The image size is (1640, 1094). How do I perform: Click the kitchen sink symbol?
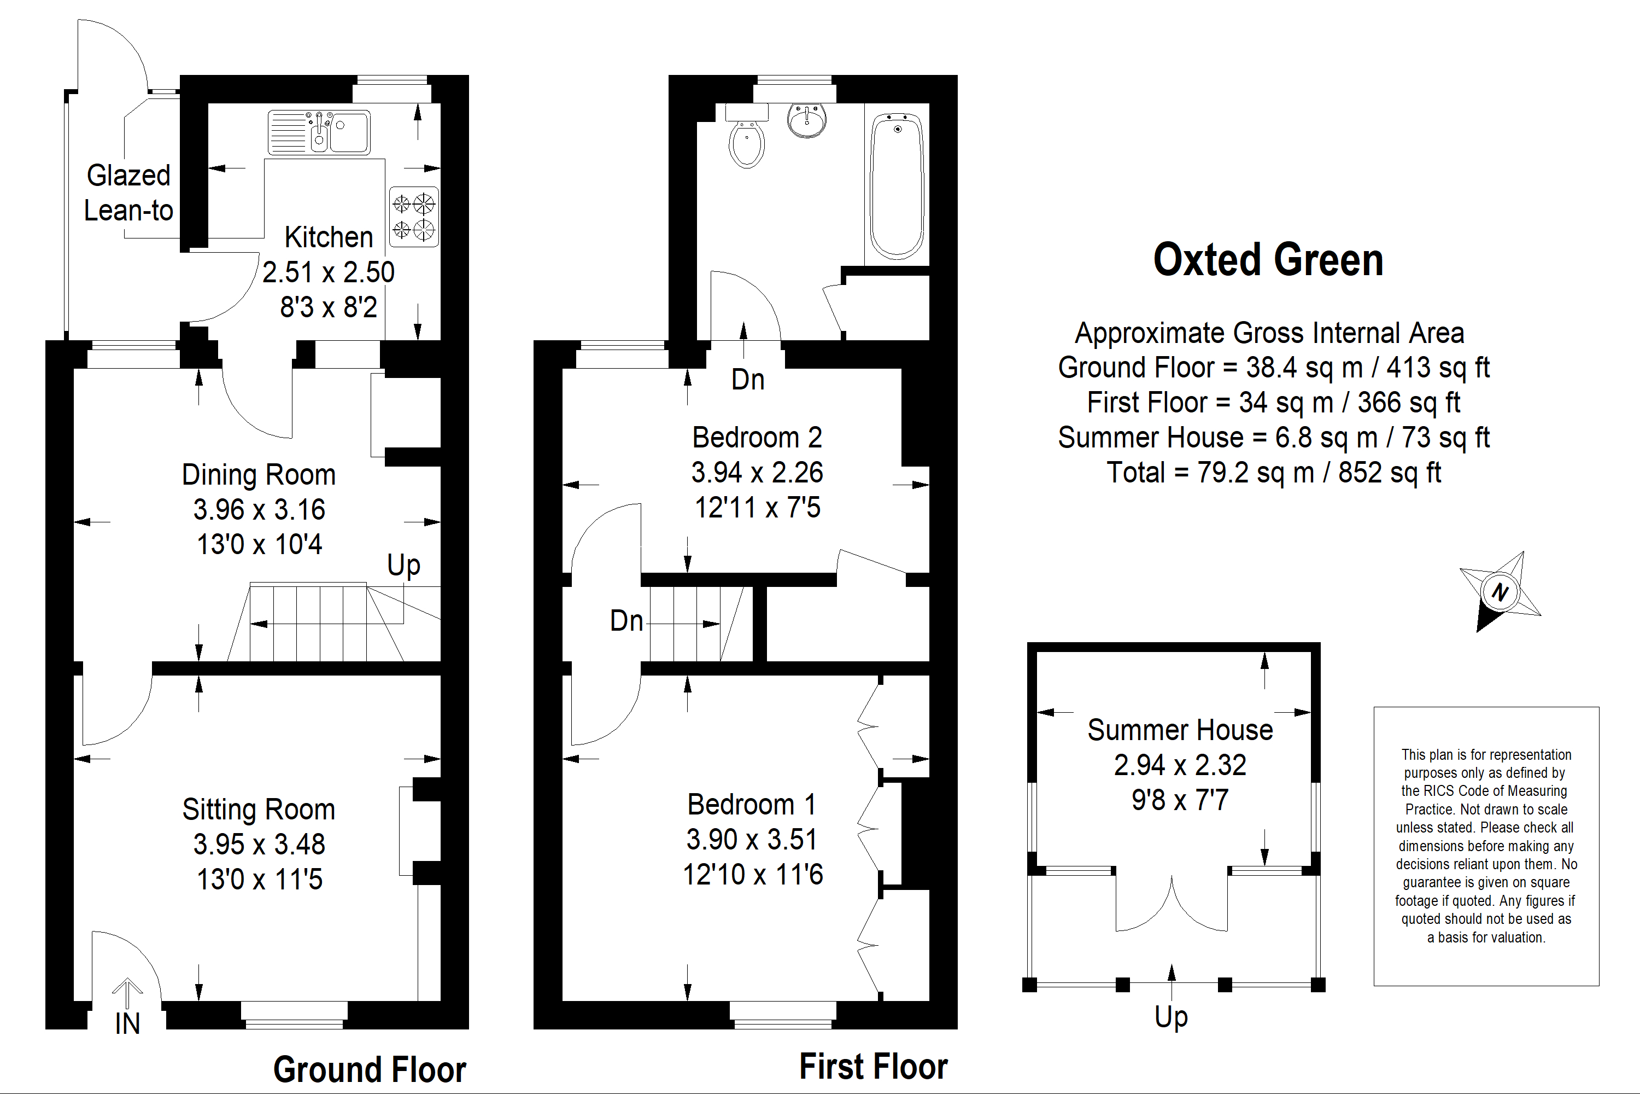coord(319,132)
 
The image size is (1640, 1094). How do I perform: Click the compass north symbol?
coord(1500,592)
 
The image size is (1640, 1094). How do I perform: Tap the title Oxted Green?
coord(1268,260)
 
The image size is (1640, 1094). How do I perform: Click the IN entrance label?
coord(127,1023)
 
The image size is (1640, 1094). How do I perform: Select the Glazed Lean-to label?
coord(128,193)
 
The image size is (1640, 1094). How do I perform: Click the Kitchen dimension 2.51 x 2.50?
coord(329,272)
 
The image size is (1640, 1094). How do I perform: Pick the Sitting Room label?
coord(259,810)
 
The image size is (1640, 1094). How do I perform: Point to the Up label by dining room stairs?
coord(404,565)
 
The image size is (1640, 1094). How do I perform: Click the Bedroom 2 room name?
coord(757,438)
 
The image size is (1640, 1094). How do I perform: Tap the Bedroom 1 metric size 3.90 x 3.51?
coord(752,839)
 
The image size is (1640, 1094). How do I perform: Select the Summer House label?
coord(1180,730)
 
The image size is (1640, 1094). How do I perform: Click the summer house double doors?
coord(1172,903)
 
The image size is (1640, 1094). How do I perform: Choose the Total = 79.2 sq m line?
coord(1273,473)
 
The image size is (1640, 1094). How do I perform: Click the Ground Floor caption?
coord(369,1069)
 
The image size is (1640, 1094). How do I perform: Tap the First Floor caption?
coord(873,1066)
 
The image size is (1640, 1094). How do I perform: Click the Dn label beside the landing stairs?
coord(626,620)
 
